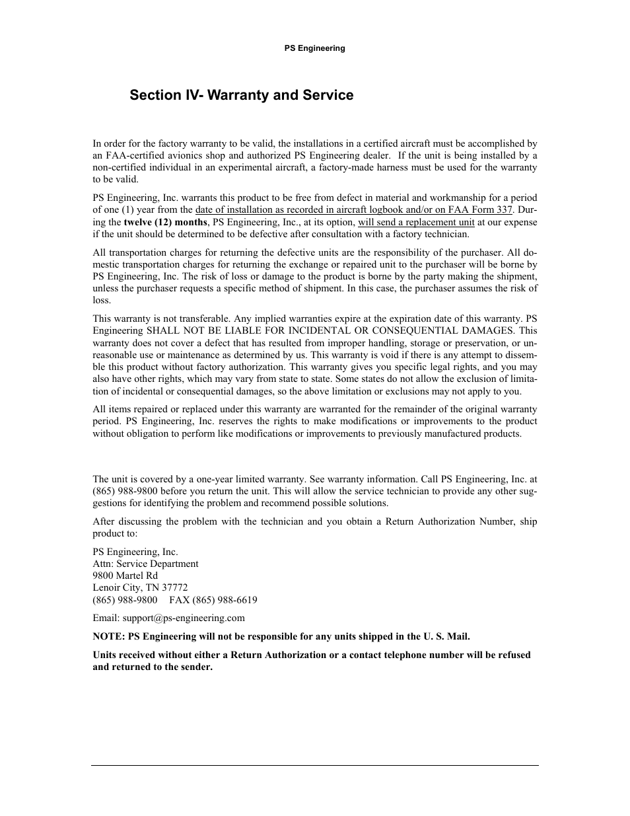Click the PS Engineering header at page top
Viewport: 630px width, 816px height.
314,48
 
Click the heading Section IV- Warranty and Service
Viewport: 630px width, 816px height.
241,95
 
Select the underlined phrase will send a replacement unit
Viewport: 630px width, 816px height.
416,222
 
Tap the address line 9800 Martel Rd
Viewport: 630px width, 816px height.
125,575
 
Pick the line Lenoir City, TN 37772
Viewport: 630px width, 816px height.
140,587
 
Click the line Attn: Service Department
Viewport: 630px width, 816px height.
145,564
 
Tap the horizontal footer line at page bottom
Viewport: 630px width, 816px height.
314,766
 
